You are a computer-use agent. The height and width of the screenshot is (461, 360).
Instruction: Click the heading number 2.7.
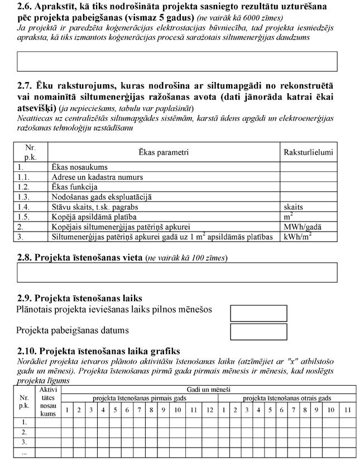tap(26, 87)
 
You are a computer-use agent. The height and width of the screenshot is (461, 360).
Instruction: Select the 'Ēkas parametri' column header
tap(163, 152)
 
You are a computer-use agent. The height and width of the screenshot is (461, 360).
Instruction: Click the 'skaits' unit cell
tap(294, 207)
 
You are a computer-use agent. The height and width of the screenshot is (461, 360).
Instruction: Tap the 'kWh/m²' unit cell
tap(298, 237)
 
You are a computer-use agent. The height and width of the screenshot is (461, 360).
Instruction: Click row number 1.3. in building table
tap(23, 197)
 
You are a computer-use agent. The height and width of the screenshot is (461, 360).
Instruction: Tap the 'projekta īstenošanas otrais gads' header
tap(287, 398)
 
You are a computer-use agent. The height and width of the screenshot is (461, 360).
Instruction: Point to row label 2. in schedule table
tap(24, 432)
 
